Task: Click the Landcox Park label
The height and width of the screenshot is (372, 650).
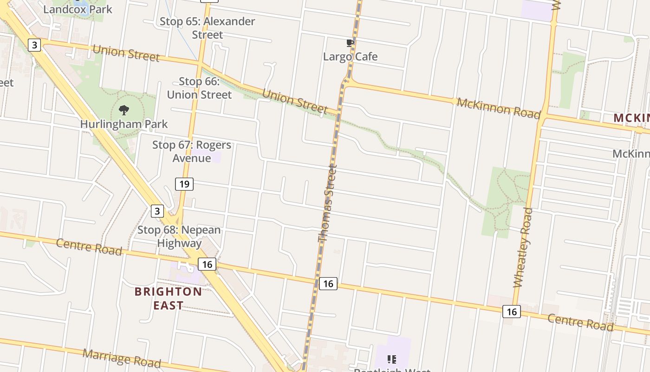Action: pos(78,9)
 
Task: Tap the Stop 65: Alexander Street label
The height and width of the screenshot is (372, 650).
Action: pos(208,28)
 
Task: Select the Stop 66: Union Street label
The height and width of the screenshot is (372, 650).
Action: pos(199,88)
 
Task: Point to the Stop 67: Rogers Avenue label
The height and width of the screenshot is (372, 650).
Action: pos(192,151)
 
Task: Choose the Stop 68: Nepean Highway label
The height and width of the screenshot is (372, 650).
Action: pos(179,236)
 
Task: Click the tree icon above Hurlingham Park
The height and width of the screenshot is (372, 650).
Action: pos(124,110)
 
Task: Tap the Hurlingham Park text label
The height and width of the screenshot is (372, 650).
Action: pos(124,124)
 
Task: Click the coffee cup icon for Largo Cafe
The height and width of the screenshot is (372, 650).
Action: pos(351,43)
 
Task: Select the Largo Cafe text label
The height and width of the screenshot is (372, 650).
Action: pos(351,57)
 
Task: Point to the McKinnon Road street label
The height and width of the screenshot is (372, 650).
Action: pos(499,108)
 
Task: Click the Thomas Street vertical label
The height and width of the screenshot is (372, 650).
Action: pos(326,203)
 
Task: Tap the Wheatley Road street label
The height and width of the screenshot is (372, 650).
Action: pos(523,247)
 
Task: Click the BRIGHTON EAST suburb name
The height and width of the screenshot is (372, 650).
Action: pos(168,298)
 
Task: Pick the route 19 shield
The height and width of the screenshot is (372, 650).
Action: pos(184,184)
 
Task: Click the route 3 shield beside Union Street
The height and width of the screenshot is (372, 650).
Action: pos(34,45)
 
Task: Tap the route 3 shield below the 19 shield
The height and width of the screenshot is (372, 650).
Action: pos(157,211)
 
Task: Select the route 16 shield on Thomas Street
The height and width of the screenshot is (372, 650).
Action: pos(328,283)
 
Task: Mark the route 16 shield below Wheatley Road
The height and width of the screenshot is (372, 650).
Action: pos(511,312)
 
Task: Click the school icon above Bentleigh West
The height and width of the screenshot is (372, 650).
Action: pos(392,359)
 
